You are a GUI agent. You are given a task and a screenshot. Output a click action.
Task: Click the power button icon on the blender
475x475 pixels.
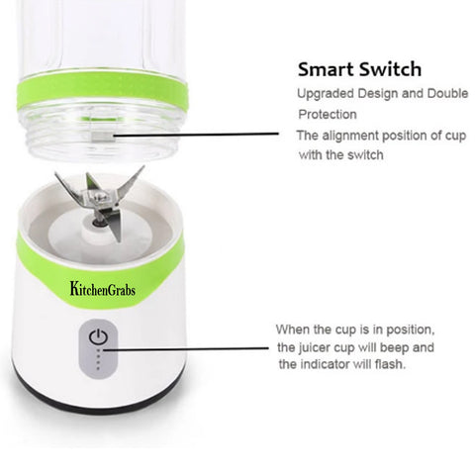97,337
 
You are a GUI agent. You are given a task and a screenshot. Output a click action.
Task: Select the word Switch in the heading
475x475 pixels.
390,69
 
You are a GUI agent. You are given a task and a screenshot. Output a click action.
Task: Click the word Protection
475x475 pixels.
328,114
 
